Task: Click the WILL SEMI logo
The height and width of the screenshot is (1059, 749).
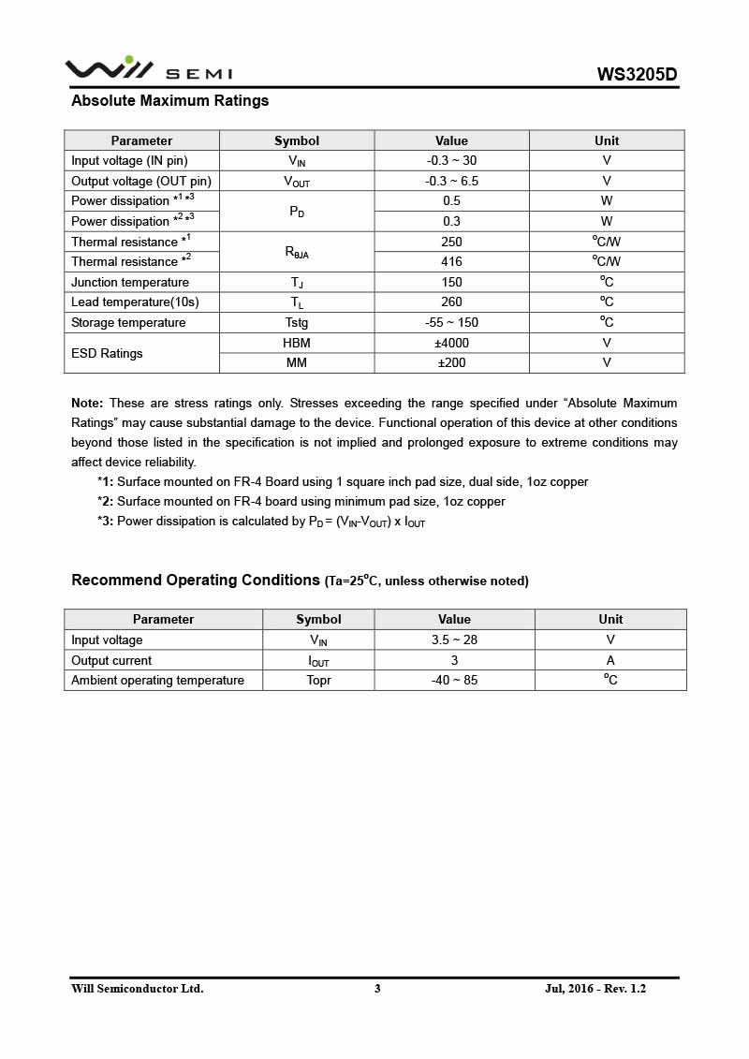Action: coord(148,69)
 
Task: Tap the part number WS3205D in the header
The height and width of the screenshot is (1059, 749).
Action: coord(637,75)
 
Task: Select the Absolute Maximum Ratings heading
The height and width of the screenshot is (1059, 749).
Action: coord(169,101)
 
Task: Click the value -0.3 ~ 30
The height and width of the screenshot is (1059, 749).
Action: coord(451,161)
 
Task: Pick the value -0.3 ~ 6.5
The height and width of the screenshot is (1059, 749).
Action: coord(451,181)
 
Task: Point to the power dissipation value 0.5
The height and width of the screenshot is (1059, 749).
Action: coord(451,201)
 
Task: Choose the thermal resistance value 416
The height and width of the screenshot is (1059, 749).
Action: coord(451,262)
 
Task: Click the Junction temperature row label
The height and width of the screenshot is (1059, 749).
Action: coord(130,283)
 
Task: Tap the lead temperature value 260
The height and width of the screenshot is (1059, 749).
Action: coord(451,302)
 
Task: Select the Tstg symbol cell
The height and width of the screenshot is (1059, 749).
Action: coord(296,323)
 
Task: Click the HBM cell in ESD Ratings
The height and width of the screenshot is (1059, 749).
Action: coord(296,344)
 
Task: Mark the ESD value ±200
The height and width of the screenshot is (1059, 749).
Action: coord(451,363)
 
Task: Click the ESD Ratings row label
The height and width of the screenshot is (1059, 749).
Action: coord(107,354)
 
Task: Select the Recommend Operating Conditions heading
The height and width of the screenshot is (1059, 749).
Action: coord(196,581)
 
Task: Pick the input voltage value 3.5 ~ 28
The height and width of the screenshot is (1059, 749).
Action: coord(454,640)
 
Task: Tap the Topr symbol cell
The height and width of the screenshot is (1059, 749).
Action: coord(318,681)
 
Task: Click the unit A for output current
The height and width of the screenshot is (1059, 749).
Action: coord(610,660)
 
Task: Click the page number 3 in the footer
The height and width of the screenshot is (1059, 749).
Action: coord(377,989)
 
